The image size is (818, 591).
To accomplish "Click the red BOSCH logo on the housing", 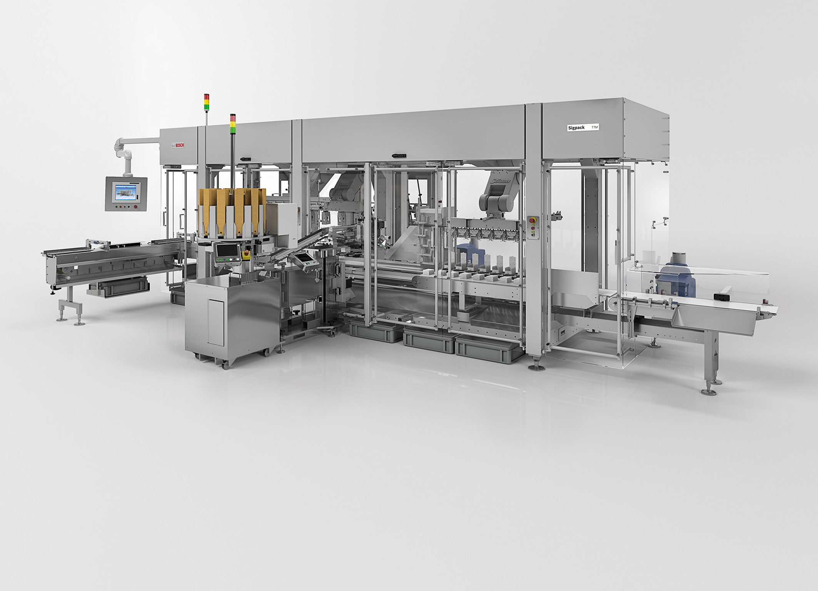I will (x=179, y=145).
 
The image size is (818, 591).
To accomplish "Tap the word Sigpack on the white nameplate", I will (x=576, y=127).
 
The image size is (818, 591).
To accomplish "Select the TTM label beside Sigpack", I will (x=594, y=127).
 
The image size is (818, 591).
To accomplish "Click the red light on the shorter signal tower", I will (x=207, y=96).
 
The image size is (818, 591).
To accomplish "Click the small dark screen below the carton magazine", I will (x=224, y=251).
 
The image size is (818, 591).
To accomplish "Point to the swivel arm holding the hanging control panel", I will (x=127, y=152).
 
